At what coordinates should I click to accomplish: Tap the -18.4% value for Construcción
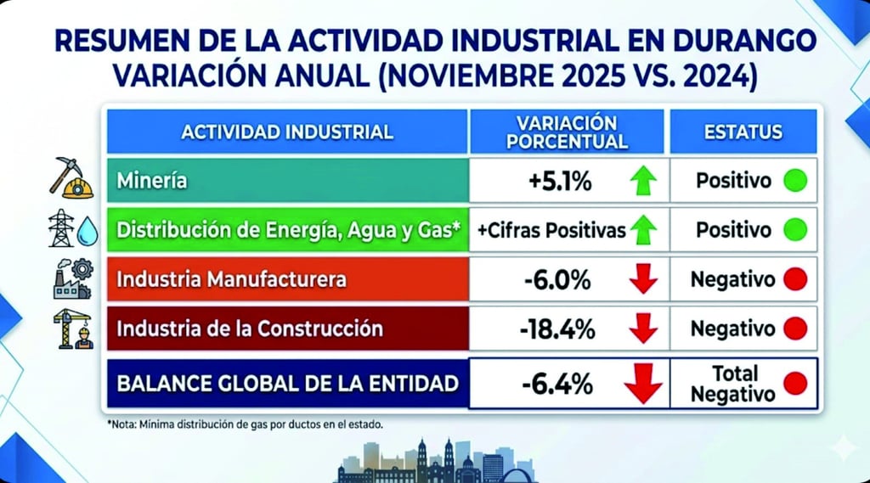(x=556, y=329)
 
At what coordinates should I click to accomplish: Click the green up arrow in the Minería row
(x=644, y=181)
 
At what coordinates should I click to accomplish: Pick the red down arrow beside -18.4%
(x=644, y=329)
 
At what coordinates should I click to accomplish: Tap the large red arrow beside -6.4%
(x=643, y=384)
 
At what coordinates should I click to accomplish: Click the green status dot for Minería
(x=794, y=181)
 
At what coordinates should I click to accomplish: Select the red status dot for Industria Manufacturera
(x=794, y=279)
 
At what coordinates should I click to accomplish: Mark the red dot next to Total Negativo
(x=795, y=384)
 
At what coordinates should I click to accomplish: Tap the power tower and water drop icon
(x=74, y=229)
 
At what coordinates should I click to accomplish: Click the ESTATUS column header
(x=743, y=132)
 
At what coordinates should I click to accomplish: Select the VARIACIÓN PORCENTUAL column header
(x=567, y=132)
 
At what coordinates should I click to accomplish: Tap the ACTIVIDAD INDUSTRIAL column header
(x=287, y=132)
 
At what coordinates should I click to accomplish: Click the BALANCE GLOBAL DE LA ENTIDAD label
(x=287, y=384)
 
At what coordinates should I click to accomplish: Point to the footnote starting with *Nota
(x=245, y=424)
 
